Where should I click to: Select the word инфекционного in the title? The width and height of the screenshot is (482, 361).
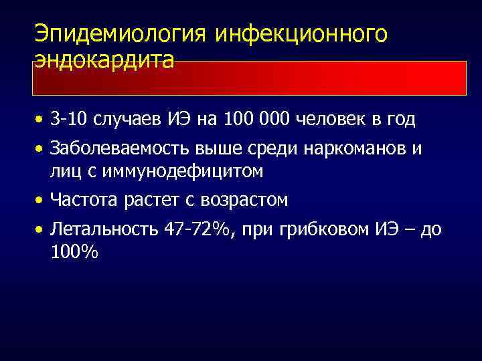click(x=301, y=34)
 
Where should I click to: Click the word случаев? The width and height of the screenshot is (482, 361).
click(x=120, y=120)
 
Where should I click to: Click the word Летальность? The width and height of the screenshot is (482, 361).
click(x=103, y=229)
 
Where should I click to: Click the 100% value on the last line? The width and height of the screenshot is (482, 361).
click(x=73, y=253)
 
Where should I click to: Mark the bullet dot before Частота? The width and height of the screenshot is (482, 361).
click(x=41, y=200)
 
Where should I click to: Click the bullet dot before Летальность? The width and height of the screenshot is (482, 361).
click(x=41, y=230)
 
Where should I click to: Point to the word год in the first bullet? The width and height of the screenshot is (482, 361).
click(x=400, y=120)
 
